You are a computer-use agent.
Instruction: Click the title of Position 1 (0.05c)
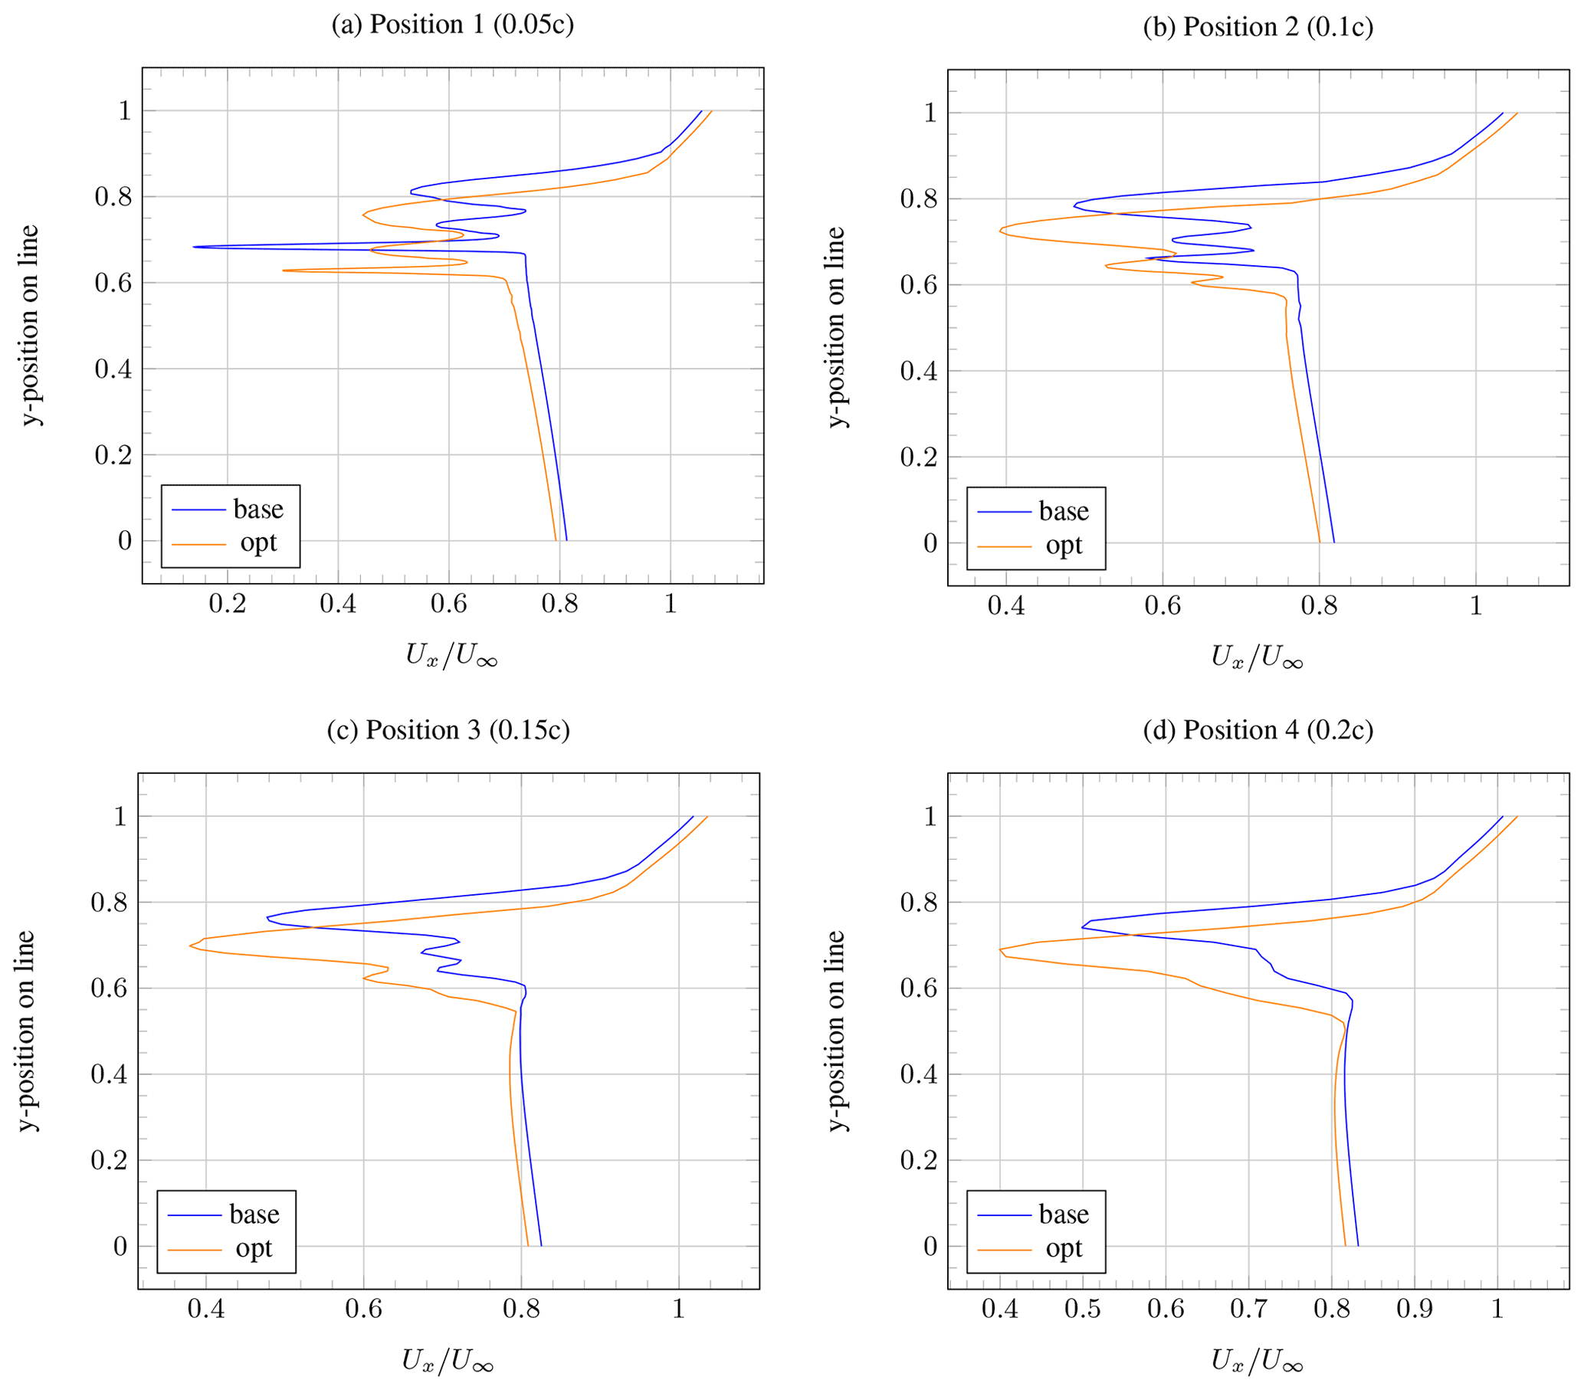(453, 25)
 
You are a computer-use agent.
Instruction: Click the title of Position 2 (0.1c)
(1258, 27)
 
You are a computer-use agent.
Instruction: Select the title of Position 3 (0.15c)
(448, 730)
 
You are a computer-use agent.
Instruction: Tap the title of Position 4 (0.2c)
(1258, 730)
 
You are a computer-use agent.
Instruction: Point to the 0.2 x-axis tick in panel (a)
(227, 604)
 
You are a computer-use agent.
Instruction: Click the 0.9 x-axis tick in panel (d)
(1415, 1309)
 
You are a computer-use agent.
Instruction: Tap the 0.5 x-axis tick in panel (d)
(1083, 1309)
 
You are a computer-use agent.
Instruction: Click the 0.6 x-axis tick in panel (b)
(1163, 606)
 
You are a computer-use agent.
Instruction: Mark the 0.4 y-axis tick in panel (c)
(110, 1074)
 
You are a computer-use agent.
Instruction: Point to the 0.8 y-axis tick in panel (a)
(113, 197)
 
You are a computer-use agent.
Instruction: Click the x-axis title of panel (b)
(1257, 657)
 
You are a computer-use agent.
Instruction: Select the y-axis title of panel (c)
(26, 1031)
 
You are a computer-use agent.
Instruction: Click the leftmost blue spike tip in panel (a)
(193, 248)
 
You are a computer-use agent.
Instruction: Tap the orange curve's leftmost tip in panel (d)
(1001, 949)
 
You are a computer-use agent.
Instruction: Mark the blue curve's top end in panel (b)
(1503, 113)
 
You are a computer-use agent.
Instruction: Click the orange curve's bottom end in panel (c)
(528, 1246)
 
